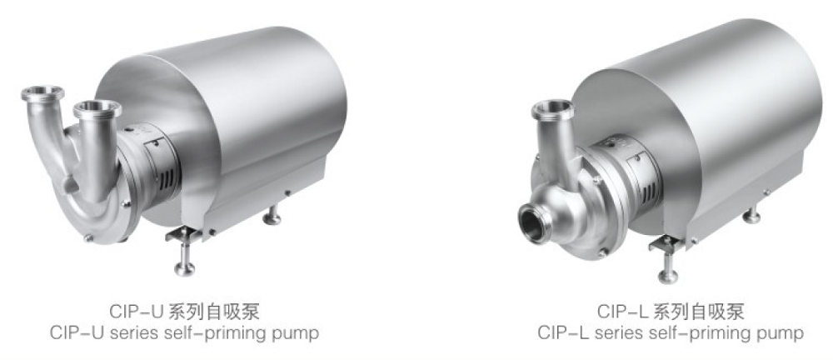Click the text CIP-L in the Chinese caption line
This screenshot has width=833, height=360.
point(617,312)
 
